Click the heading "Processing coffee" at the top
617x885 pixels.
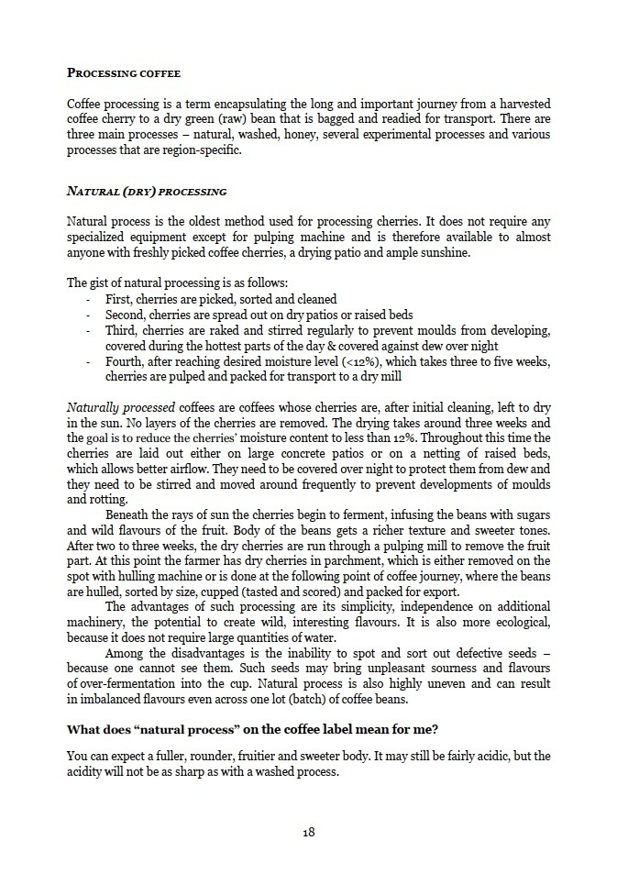tap(124, 72)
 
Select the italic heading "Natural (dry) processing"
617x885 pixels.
tap(147, 192)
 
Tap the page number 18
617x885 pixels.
tap(309, 832)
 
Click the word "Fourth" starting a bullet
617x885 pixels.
tap(126, 360)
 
